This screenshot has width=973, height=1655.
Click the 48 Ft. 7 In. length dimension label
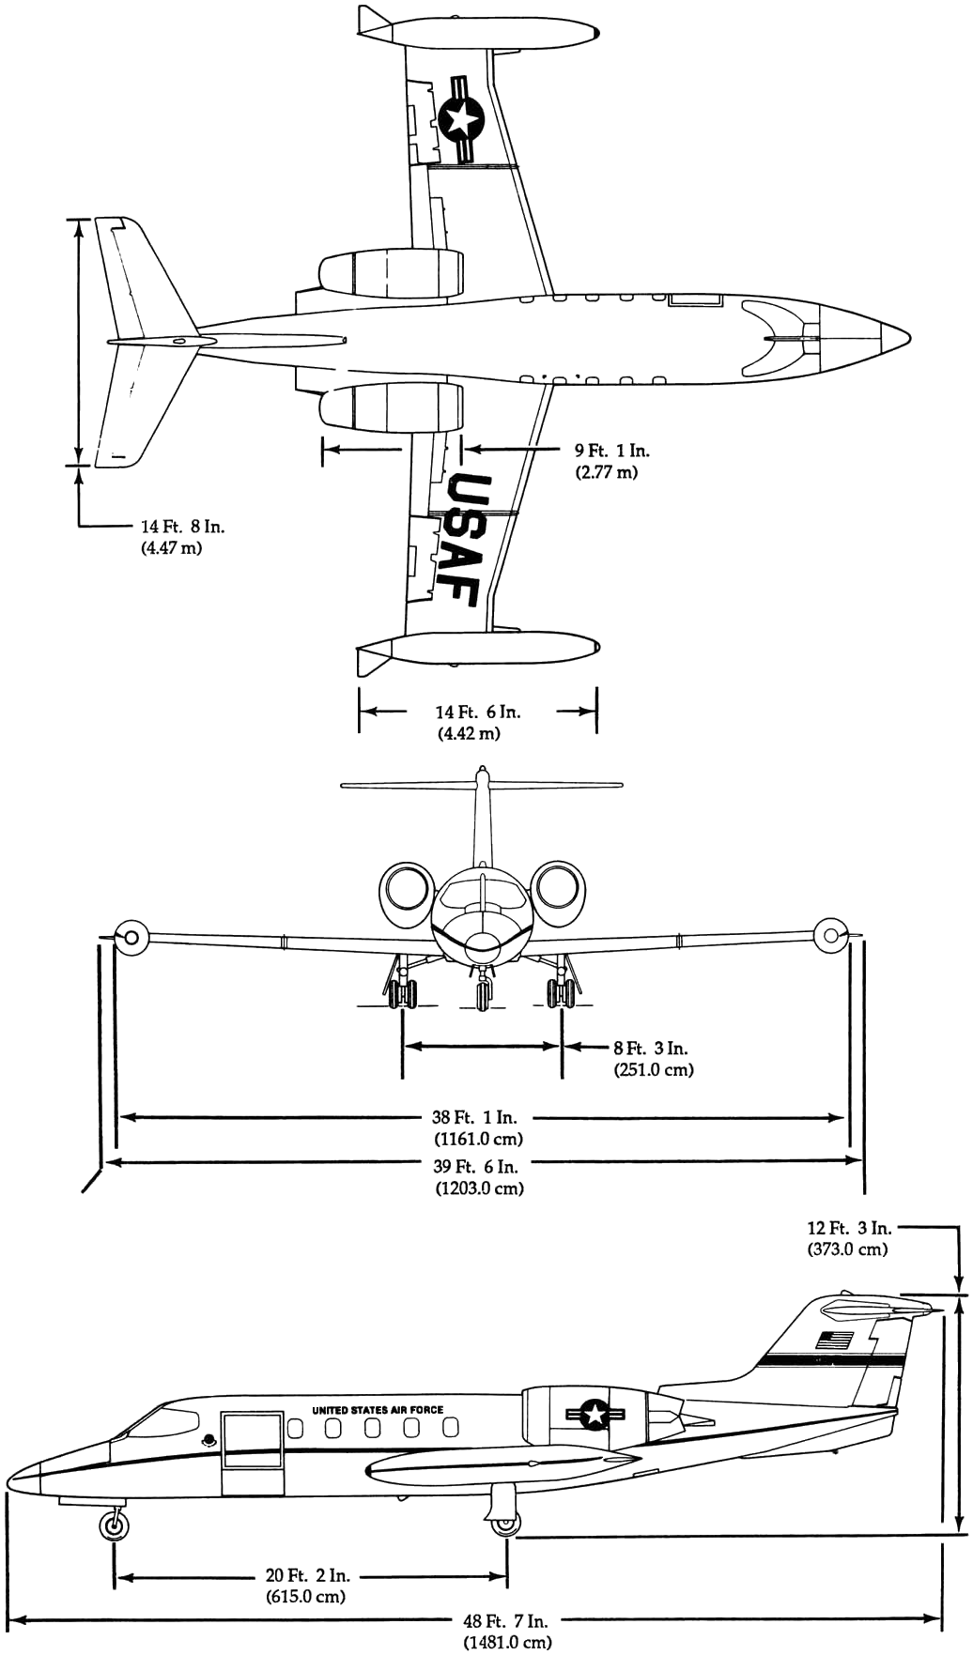pos(506,1620)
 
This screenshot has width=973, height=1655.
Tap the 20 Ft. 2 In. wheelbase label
pos(307,1576)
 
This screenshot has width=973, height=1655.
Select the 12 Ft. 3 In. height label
pos(848,1228)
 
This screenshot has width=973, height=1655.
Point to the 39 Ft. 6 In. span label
pos(479,1167)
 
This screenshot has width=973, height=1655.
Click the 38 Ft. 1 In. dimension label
pos(478,1117)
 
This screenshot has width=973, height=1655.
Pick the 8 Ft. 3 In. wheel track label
pos(652,1048)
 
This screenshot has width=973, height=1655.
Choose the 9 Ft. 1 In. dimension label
pos(610,451)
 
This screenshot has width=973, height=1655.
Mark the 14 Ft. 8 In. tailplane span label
pos(182,527)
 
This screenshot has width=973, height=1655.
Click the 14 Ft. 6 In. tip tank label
pos(477,712)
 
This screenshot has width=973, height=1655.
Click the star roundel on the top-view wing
pos(461,119)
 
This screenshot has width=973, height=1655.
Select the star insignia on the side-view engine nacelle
pos(595,1415)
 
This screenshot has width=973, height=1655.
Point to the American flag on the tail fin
pos(834,1340)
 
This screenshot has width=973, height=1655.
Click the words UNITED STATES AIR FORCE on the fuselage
pos(378,1410)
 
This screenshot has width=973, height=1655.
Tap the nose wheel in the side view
pos(115,1525)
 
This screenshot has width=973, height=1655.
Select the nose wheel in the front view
pos(483,994)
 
